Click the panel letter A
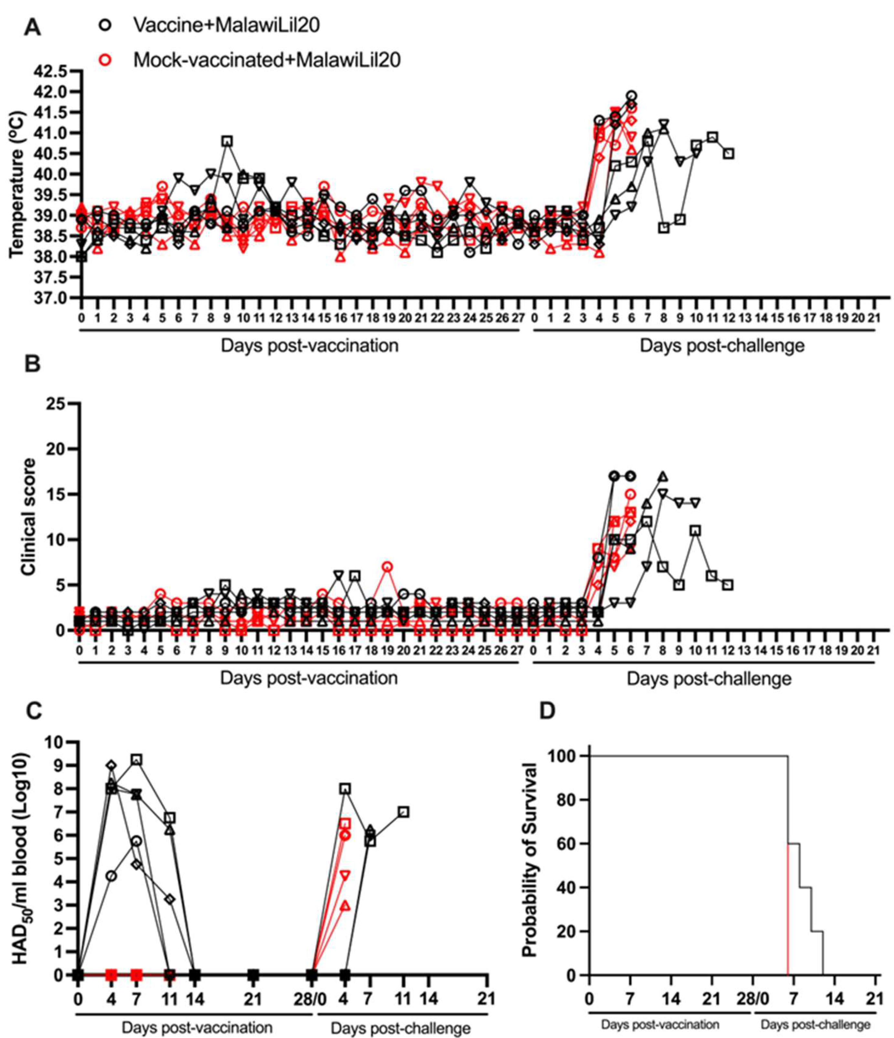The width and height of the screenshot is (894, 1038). pos(33,27)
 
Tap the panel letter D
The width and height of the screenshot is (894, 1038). pos(547,711)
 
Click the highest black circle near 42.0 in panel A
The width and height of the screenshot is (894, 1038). pos(632,96)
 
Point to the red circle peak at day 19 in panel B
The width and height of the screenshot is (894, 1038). pos(387,567)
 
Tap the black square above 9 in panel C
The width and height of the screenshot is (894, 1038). pos(136,759)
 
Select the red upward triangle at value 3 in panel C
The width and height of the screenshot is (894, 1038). pos(344,905)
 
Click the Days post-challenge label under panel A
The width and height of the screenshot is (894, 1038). pos(722,346)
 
